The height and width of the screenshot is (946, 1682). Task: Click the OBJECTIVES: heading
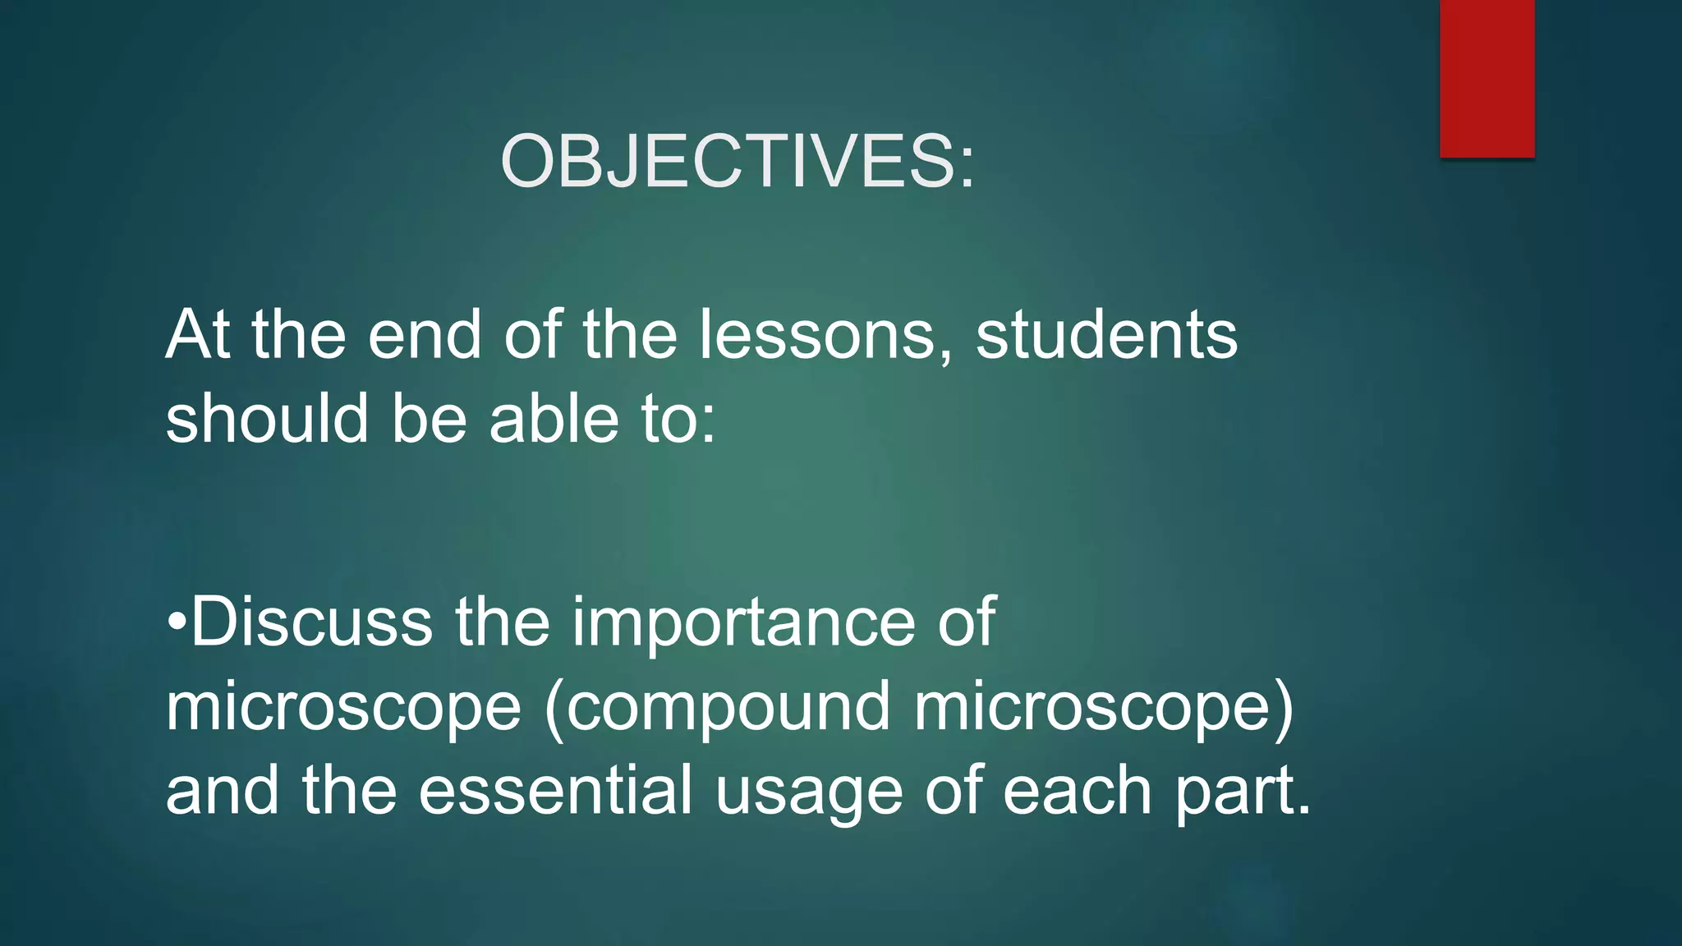(x=738, y=162)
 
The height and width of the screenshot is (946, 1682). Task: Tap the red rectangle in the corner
(x=1487, y=78)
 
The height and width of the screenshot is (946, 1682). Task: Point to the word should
(x=266, y=419)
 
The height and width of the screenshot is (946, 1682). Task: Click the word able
(x=554, y=419)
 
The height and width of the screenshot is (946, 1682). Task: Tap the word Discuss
(x=311, y=622)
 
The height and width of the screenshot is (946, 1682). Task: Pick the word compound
(x=728, y=708)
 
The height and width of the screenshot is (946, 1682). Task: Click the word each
(x=1078, y=791)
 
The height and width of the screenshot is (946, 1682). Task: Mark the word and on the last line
(x=222, y=791)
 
